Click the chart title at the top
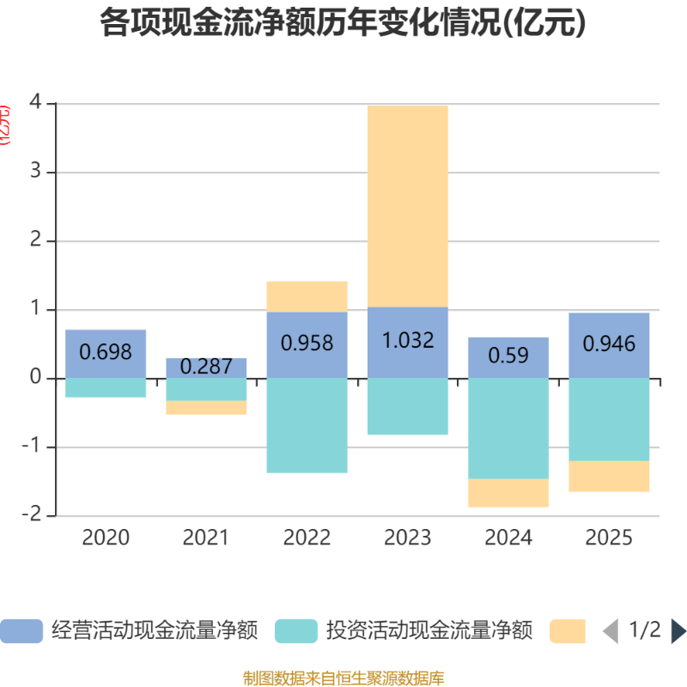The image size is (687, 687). click(343, 23)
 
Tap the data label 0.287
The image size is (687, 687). click(206, 367)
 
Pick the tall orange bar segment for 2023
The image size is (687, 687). click(407, 206)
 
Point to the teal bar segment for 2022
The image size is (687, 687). click(307, 426)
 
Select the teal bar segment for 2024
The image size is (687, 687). click(508, 429)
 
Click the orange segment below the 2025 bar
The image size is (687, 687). click(609, 477)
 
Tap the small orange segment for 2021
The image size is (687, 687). click(206, 409)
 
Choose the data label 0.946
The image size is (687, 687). click(609, 344)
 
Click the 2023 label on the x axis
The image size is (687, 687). click(407, 538)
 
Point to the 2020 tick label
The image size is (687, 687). click(106, 538)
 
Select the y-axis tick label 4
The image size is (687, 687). click(35, 104)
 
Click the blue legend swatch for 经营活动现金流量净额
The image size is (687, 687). click(21, 631)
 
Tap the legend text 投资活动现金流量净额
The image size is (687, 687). click(429, 631)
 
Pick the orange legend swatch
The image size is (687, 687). click(568, 631)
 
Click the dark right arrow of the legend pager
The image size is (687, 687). click(678, 631)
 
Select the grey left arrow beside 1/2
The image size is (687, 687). click(611, 631)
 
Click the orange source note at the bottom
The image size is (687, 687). click(343, 678)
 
